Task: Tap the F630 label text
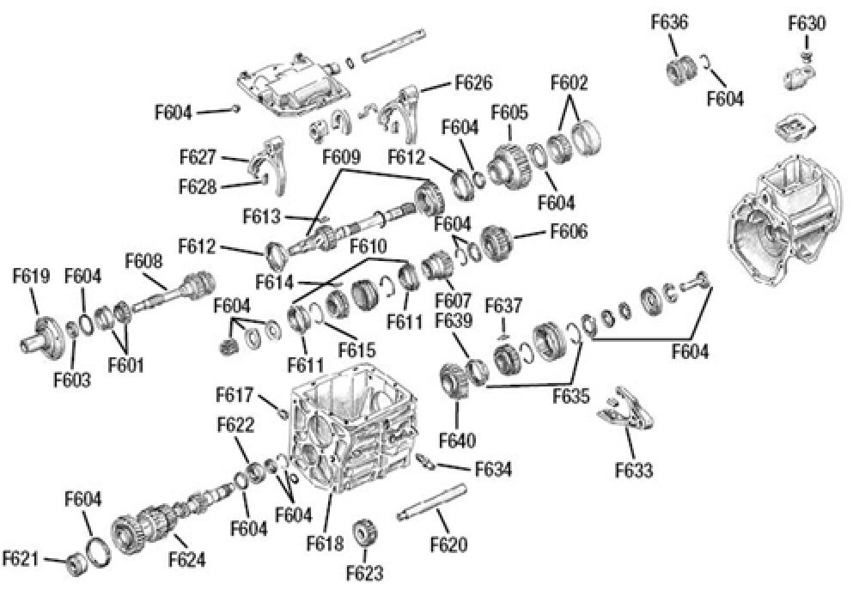pyautogui.click(x=807, y=23)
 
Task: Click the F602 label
pyautogui.click(x=570, y=83)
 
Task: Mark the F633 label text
pyautogui.click(x=634, y=470)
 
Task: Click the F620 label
pyautogui.click(x=449, y=544)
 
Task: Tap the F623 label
pyautogui.click(x=365, y=573)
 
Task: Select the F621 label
pyautogui.click(x=21, y=558)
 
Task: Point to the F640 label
pyautogui.click(x=458, y=441)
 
